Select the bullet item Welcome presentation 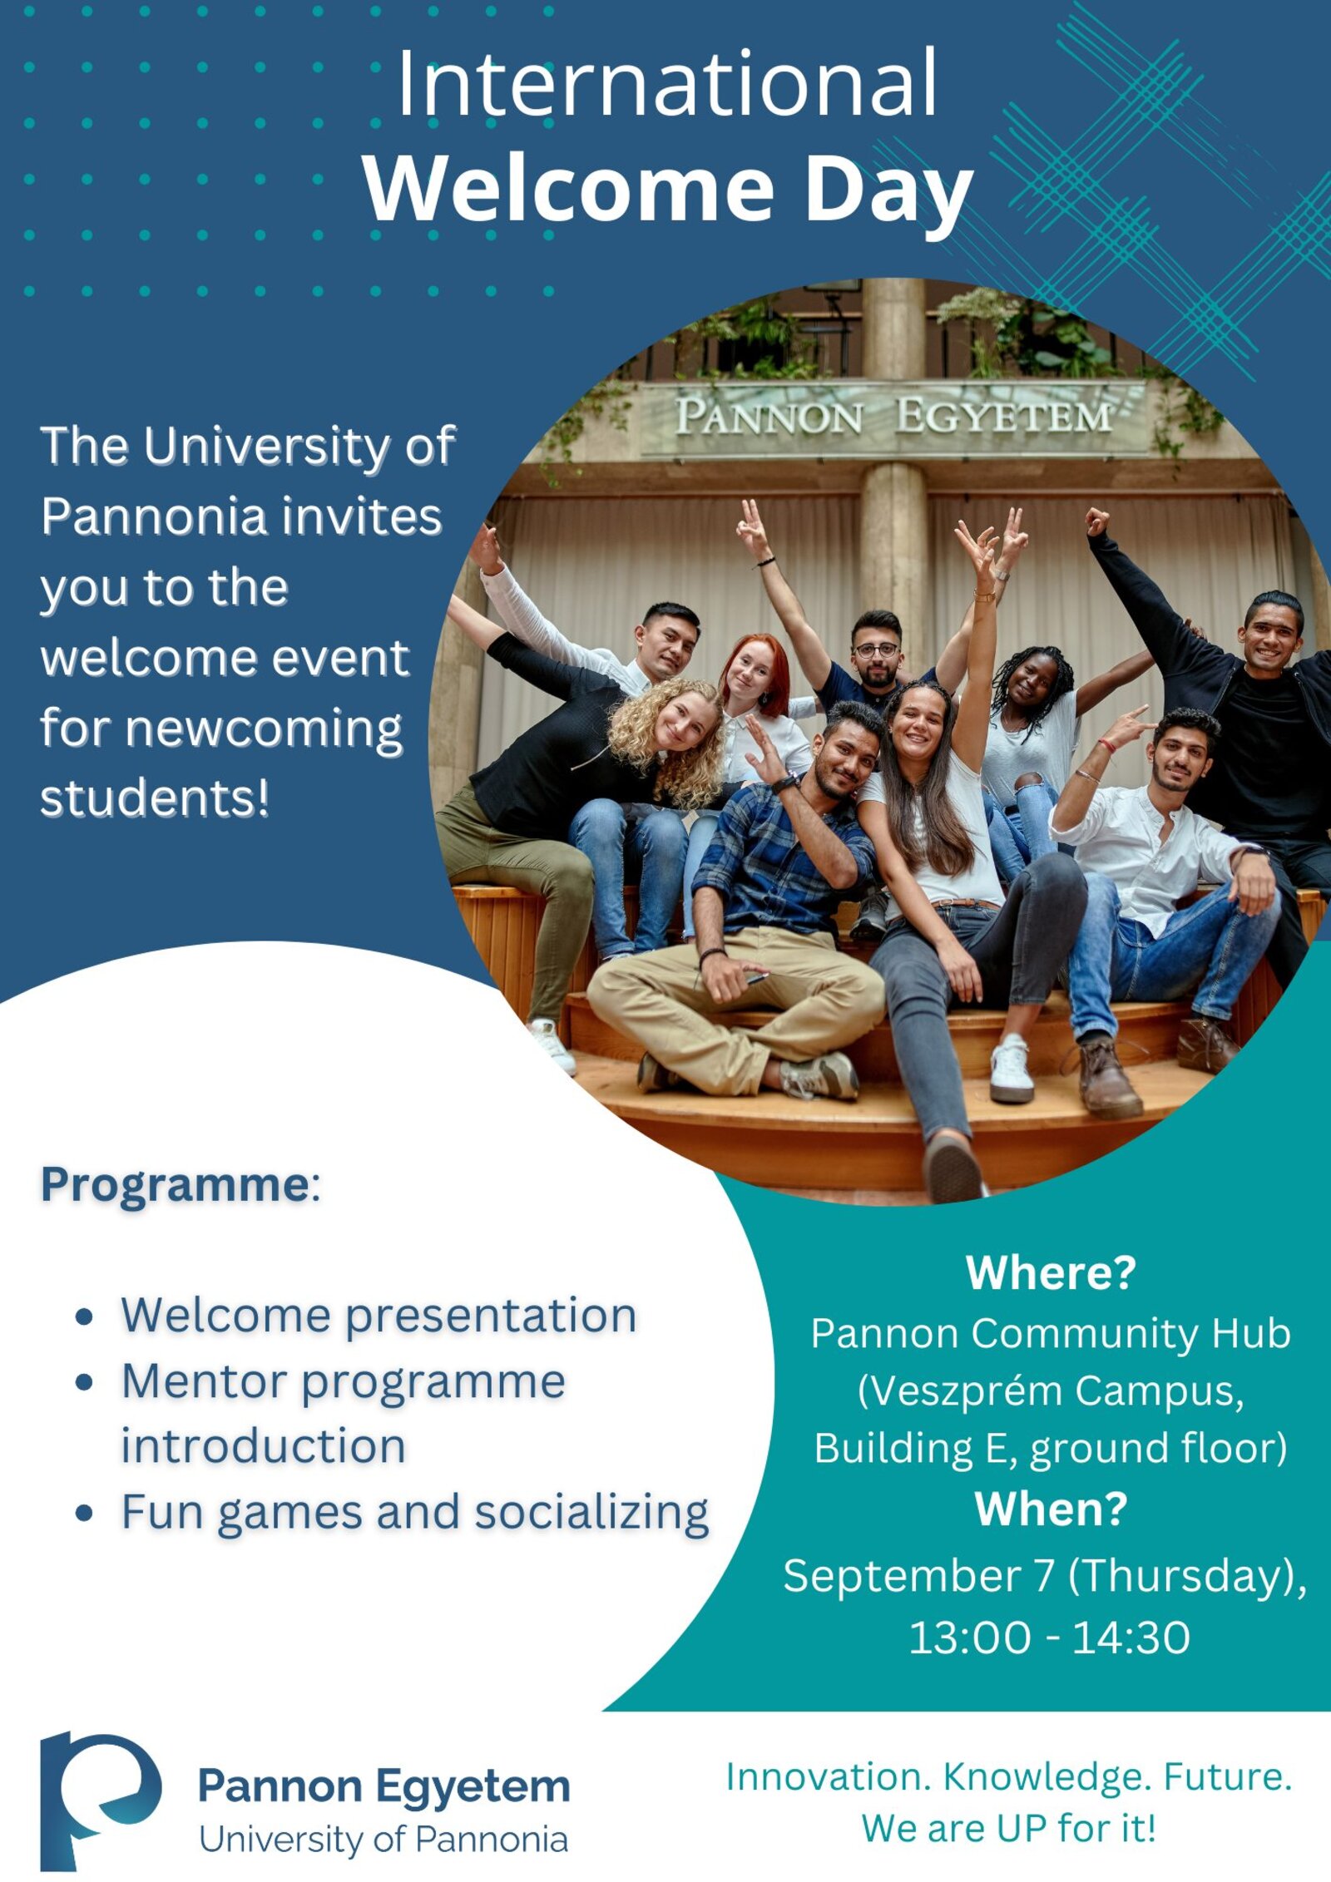379,1316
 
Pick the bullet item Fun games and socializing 415,1513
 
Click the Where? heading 1051,1272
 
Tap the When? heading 1051,1509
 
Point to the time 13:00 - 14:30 1049,1637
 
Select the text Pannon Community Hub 1051,1333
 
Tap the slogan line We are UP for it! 1008,1829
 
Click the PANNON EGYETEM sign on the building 893,416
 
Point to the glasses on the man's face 876,650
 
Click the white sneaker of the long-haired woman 1012,1070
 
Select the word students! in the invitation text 155,798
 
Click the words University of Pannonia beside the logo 383,1840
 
